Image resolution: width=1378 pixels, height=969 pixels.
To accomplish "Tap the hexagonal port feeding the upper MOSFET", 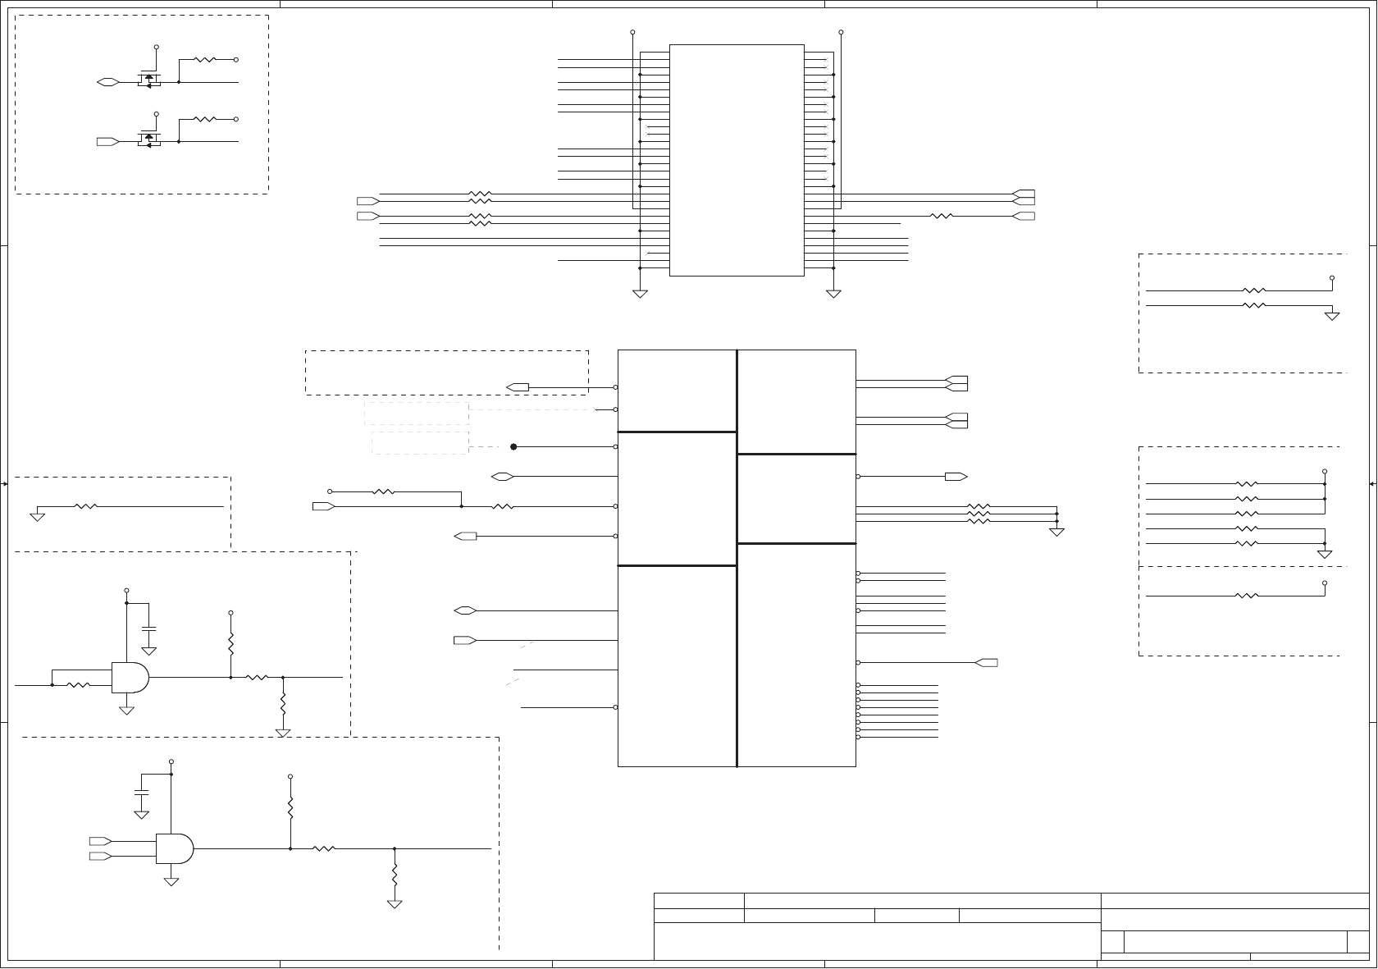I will [107, 82].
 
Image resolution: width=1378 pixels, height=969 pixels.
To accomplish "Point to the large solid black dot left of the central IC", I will [513, 447].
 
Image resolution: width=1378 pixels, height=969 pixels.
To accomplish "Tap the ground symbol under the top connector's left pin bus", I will [640, 293].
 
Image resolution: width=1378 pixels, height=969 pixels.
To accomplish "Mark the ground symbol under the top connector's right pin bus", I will [833, 293].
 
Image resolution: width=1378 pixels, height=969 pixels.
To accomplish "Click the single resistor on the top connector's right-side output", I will [942, 217].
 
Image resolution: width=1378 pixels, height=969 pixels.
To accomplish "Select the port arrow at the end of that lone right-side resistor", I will [1024, 217].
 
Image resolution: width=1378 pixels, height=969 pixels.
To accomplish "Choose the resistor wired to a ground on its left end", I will [86, 507].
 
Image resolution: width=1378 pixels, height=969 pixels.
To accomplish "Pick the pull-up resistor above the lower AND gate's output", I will [290, 806].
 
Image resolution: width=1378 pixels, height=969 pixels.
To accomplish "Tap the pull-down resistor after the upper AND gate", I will [283, 703].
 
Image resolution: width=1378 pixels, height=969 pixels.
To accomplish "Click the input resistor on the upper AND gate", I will [79, 685].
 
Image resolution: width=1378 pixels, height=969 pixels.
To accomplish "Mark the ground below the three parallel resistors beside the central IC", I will [1056, 532].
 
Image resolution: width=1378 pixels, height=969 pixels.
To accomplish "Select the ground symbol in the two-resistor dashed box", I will [1332, 315].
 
